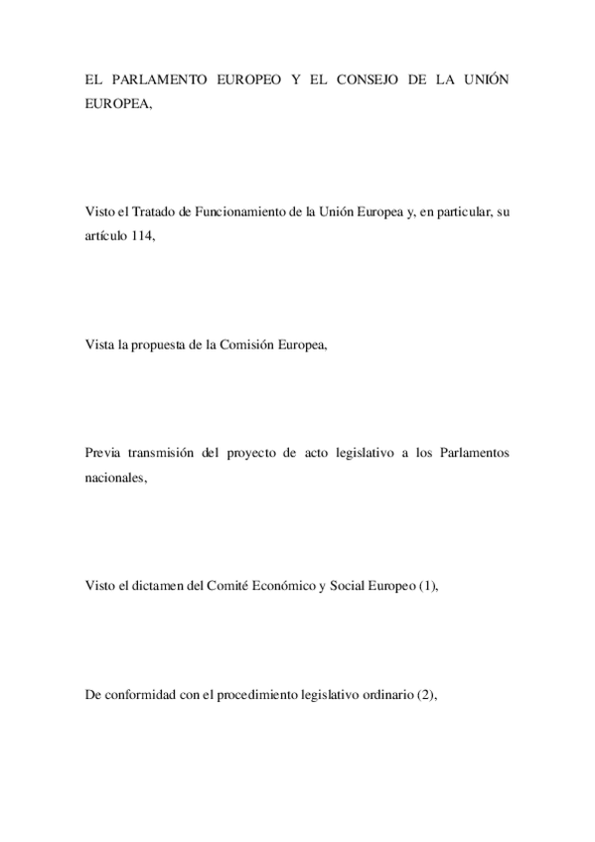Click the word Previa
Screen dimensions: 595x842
click(102, 453)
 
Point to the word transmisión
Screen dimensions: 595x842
click(167, 453)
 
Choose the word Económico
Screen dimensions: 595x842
click(294, 586)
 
